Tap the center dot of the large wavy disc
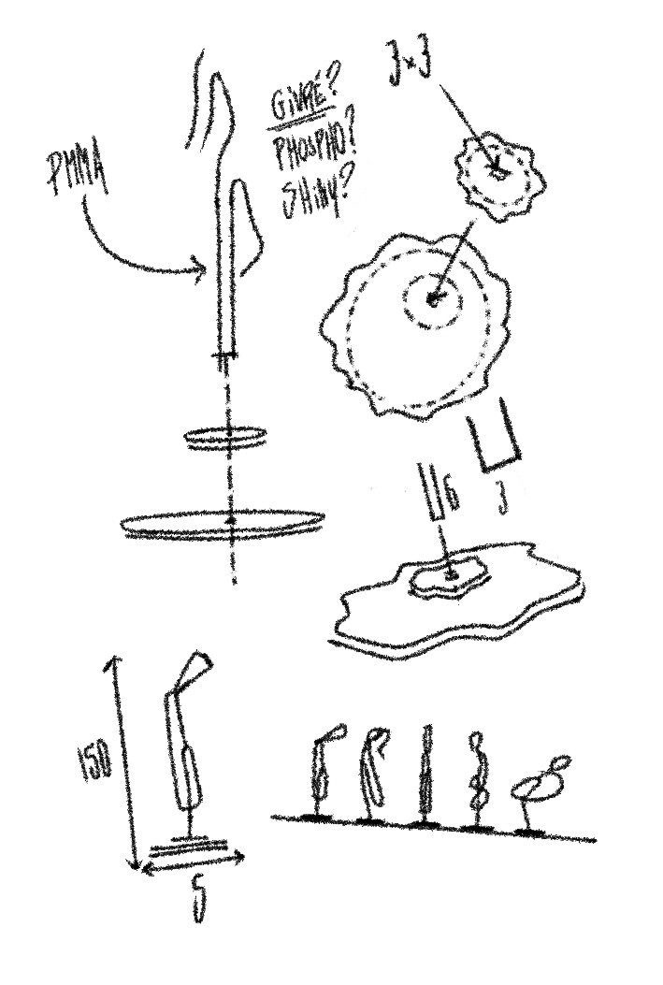click(433, 300)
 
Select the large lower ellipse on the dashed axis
click(223, 524)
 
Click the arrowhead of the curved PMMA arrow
click(199, 273)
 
